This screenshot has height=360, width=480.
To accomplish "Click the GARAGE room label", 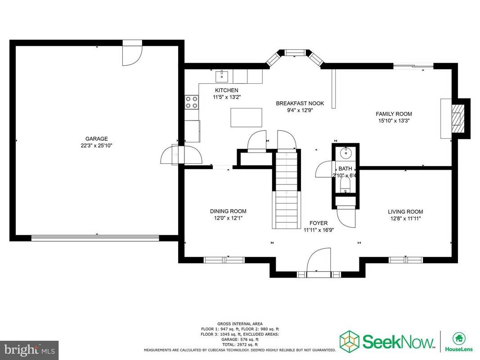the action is [x=96, y=139].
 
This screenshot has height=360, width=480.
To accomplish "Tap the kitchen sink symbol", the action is [x=222, y=76].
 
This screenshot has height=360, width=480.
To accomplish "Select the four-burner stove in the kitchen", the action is [x=192, y=102].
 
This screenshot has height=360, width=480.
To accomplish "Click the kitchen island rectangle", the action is [x=246, y=117].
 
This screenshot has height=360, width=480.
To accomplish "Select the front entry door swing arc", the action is [x=319, y=260].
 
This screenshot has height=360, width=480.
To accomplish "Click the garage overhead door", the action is [x=95, y=238].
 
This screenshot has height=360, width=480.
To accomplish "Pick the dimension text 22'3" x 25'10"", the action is [x=96, y=146].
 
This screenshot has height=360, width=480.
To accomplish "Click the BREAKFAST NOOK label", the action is [x=300, y=103].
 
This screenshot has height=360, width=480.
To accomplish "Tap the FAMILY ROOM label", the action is [x=394, y=114].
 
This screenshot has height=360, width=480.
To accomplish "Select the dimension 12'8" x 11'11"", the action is [x=406, y=219].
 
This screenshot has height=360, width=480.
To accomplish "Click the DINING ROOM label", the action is [x=228, y=211].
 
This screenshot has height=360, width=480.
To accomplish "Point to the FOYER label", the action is [x=319, y=223].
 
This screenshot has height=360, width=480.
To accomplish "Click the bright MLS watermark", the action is [x=29, y=349].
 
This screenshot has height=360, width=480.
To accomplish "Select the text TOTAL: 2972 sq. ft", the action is [x=240, y=344].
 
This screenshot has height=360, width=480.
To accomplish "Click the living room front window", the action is [x=406, y=260].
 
